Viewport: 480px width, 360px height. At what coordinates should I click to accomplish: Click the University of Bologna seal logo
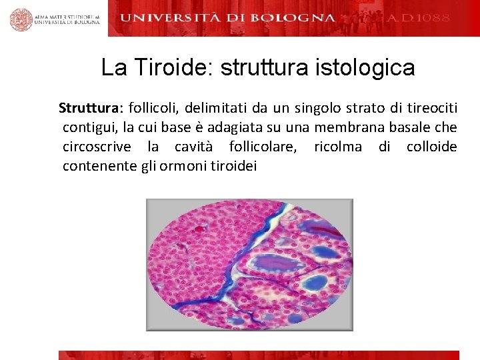[21, 19]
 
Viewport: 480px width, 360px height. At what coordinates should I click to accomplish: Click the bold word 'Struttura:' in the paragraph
[87, 108]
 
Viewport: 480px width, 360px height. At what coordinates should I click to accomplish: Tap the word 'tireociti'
[433, 108]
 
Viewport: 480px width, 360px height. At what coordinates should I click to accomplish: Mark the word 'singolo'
[308, 108]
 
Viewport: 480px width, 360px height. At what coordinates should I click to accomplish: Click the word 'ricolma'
[338, 147]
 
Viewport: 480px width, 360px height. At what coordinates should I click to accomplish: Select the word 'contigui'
[87, 127]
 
